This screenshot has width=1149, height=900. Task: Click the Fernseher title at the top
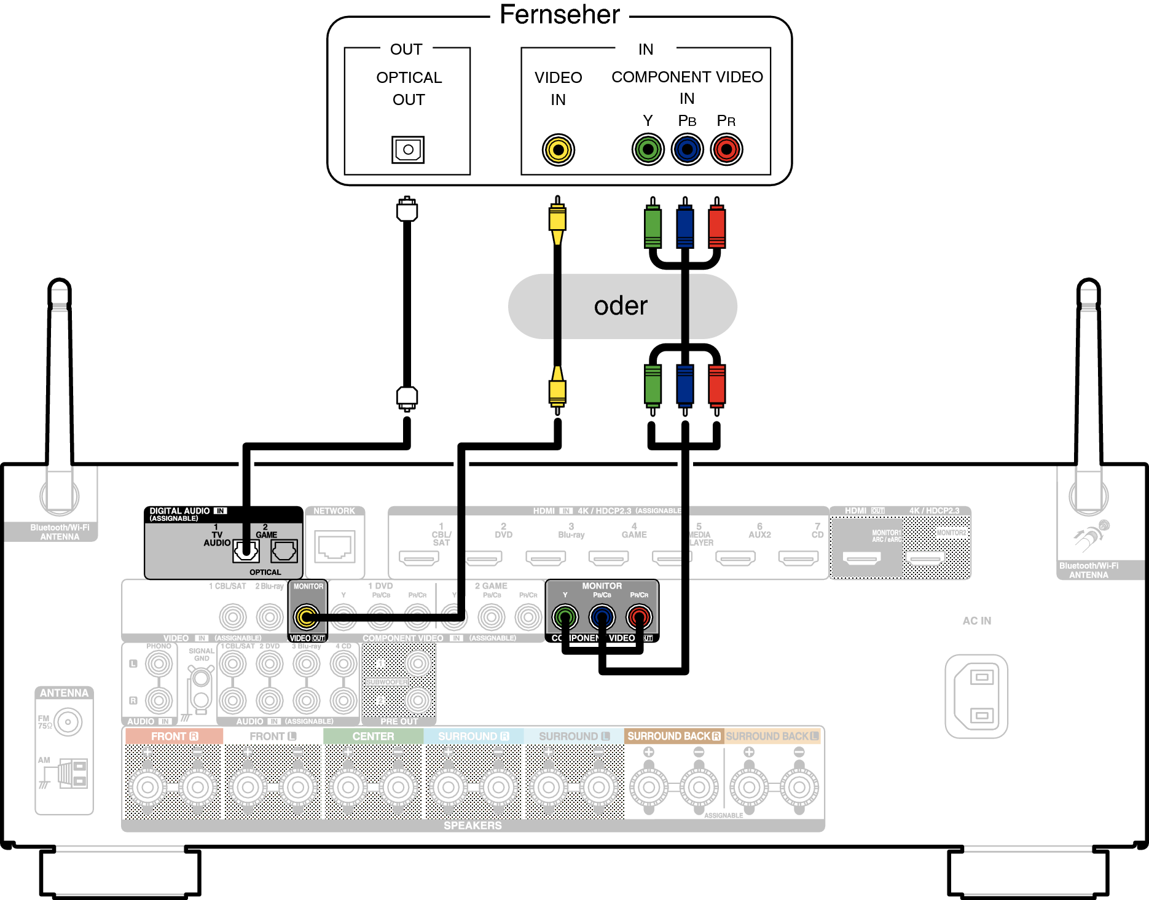(x=559, y=15)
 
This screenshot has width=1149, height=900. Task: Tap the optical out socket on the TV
(x=408, y=149)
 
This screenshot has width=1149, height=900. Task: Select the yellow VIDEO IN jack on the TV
(x=558, y=149)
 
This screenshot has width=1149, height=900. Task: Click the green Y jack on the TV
(x=648, y=149)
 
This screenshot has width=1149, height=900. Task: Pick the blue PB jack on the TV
(x=687, y=149)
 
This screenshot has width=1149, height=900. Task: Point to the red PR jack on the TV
(x=726, y=149)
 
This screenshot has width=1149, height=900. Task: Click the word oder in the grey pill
(x=621, y=306)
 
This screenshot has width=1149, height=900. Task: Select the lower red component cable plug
(x=716, y=386)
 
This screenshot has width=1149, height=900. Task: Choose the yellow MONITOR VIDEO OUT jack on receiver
(x=306, y=617)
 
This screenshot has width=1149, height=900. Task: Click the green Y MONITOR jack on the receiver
(x=565, y=617)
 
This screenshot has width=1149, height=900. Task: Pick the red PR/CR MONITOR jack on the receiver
(x=639, y=617)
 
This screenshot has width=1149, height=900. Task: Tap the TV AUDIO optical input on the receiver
(x=246, y=551)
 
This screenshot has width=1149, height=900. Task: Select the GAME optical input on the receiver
(x=284, y=551)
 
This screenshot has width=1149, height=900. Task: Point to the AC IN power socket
(x=976, y=696)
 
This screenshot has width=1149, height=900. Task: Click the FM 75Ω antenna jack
(x=68, y=722)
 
